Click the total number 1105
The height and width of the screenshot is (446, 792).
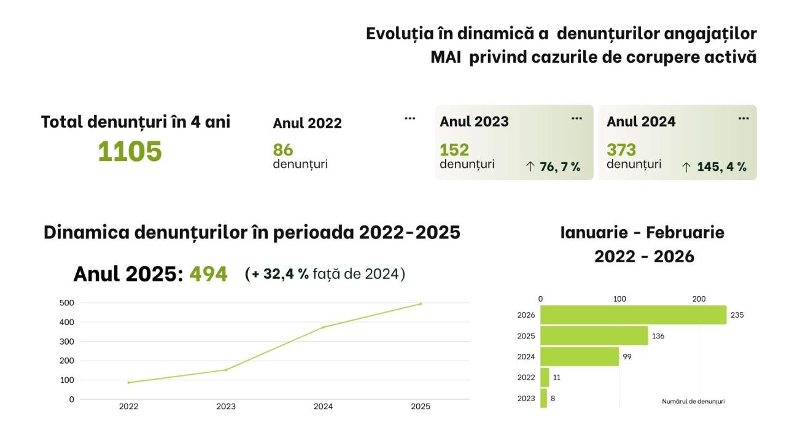[x=130, y=151]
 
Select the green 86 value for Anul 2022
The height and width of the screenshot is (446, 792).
[x=283, y=150]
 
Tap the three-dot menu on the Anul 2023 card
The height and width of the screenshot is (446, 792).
[x=577, y=119]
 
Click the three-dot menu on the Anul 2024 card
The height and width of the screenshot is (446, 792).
[x=743, y=119]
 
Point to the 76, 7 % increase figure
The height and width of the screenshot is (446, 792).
[x=560, y=166]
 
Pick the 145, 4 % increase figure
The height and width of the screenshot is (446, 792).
[x=721, y=166]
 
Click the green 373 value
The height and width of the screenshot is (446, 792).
[x=621, y=150]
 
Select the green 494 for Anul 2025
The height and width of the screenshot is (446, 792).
[x=208, y=274]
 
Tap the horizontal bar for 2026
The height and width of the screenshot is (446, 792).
[x=633, y=315]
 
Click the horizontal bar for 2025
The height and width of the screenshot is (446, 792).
[x=594, y=335]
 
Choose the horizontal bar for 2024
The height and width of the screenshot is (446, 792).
[x=580, y=356]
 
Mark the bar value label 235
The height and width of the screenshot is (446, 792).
[x=737, y=315]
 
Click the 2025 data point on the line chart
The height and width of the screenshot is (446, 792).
[x=421, y=304]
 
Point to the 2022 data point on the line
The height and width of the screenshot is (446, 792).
[x=129, y=382]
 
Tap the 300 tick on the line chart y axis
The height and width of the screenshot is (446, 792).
[x=67, y=342]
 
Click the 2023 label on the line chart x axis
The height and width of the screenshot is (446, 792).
[x=226, y=407]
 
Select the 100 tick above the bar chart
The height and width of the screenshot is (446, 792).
[x=619, y=299]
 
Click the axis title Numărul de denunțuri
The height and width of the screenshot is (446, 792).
[x=693, y=401]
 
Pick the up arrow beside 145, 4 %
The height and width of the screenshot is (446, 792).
[x=686, y=167]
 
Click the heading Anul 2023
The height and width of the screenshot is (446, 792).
[x=474, y=121]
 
